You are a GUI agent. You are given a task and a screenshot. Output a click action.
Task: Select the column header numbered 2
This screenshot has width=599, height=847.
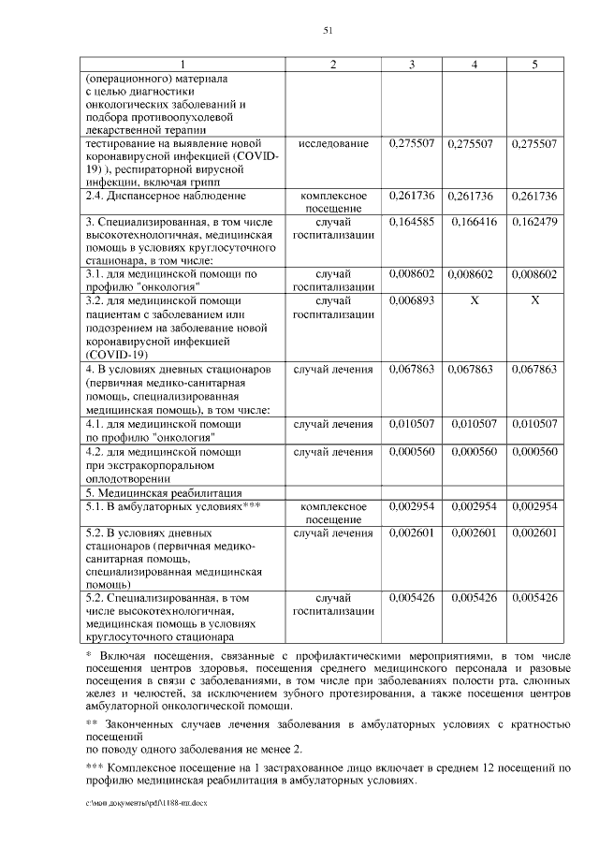tap(333, 64)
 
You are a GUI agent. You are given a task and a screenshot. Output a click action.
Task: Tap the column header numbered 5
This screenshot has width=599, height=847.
tap(534, 64)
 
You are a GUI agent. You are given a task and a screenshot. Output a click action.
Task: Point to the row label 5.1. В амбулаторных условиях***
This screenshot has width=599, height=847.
tap(172, 506)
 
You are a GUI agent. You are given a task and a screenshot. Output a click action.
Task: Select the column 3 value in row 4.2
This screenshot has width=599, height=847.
tap(412, 452)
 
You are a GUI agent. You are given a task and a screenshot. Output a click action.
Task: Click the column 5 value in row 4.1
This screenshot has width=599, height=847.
tap(534, 425)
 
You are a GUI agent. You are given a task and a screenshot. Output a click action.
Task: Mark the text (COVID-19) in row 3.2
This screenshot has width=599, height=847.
tap(113, 355)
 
